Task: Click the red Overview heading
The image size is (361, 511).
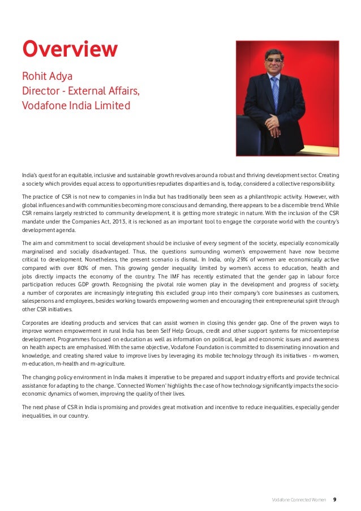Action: click(70, 50)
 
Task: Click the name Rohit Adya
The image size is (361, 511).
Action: click(47, 76)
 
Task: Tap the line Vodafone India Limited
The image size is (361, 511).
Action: click(76, 105)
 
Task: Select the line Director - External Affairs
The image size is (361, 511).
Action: click(80, 91)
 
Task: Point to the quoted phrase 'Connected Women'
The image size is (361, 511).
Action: click(144, 385)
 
